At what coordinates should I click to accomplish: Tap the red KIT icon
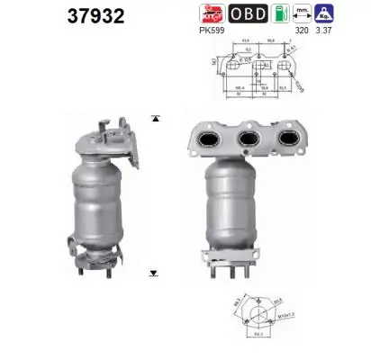(210, 13)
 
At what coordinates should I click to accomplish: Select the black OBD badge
(247, 13)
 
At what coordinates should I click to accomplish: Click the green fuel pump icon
(280, 13)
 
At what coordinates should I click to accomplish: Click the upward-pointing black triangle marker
(155, 118)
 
